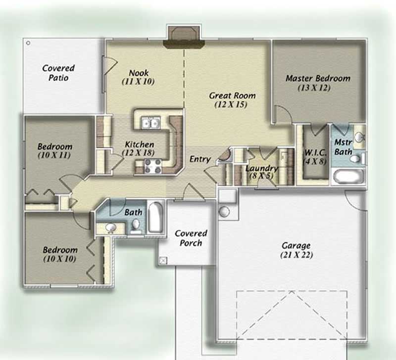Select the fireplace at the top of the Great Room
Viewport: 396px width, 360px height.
coord(184,39)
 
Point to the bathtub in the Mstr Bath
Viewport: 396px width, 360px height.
coord(348,176)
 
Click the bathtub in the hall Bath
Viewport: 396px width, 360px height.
coord(154,217)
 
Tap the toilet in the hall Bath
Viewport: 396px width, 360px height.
coord(136,225)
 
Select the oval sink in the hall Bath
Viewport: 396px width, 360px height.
coord(110,228)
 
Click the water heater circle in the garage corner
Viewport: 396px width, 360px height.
coord(224,212)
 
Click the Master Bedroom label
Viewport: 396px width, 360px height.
coord(318,78)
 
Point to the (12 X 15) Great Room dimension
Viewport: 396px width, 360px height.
coord(232,105)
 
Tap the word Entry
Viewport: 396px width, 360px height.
coord(200,160)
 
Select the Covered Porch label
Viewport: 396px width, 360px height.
coord(191,238)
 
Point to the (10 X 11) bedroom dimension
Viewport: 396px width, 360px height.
coord(54,155)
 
